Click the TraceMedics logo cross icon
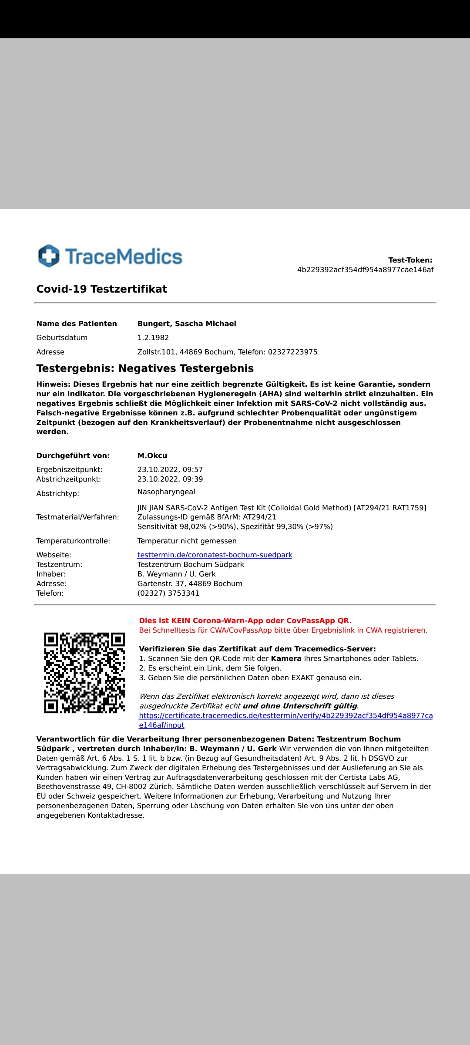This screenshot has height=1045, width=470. point(49,256)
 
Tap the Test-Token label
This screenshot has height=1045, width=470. point(410,260)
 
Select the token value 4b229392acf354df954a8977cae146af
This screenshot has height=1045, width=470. point(365,270)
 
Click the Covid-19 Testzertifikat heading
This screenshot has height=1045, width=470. point(101,289)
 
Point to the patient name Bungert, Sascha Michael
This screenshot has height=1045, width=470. point(187,324)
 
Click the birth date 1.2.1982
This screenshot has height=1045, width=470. point(153,338)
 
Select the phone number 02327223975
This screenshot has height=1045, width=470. point(292,352)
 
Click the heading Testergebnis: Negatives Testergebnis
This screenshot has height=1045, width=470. point(145,368)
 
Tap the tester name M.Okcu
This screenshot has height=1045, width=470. point(152,456)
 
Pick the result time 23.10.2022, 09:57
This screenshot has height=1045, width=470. point(170,470)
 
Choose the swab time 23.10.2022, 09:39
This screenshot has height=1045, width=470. point(170,479)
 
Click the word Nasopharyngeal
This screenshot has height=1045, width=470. point(166,492)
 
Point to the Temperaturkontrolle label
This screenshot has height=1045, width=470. point(73,541)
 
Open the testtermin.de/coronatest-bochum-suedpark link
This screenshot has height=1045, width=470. point(215,555)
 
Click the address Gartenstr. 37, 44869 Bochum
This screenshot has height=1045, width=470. point(190,584)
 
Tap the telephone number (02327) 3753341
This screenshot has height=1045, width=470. point(168,593)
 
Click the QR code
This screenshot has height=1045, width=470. point(84,673)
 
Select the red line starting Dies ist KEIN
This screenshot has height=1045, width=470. point(245,621)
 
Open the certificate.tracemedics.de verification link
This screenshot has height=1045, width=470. point(285,716)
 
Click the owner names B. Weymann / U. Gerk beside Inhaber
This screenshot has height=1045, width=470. point(176,574)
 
